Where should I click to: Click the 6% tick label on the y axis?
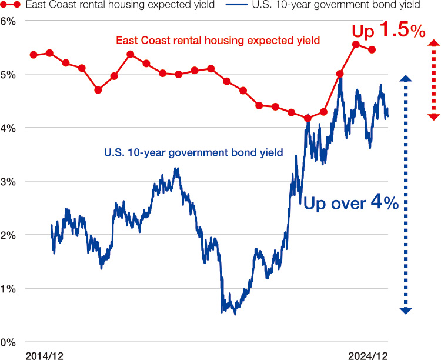[8, 21]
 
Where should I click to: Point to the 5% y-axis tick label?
[8, 75]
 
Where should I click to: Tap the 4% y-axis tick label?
[8, 128]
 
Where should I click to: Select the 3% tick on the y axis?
[8, 182]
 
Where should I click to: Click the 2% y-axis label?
[8, 235]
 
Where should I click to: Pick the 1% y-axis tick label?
[8, 289]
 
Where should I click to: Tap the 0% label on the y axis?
[8, 342]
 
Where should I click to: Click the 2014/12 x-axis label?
[45, 355]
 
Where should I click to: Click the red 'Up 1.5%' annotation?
[388, 31]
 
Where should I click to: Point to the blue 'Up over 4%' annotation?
[351, 204]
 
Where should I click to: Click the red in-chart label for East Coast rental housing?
[218, 41]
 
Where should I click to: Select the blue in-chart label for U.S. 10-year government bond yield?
[193, 152]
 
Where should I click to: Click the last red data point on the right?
[372, 50]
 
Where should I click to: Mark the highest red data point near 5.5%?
[356, 45]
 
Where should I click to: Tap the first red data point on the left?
[34, 55]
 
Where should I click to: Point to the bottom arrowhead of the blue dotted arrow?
[405, 310]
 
